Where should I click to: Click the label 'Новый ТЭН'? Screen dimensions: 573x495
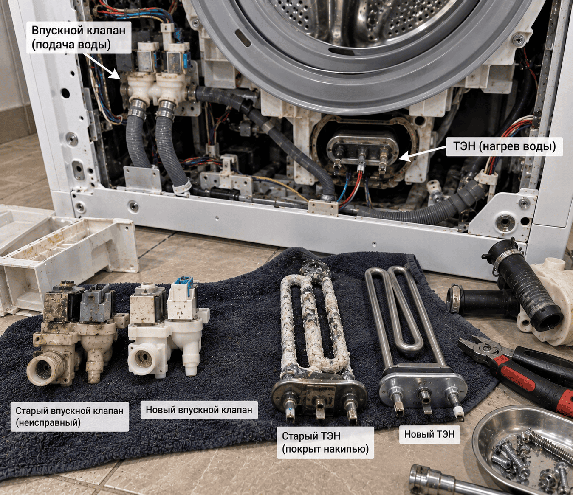click(429, 434)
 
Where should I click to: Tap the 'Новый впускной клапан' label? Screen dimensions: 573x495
click(199, 410)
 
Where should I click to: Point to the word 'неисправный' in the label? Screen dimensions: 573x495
click(48, 423)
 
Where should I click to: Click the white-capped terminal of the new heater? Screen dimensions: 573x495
click(459, 412)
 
